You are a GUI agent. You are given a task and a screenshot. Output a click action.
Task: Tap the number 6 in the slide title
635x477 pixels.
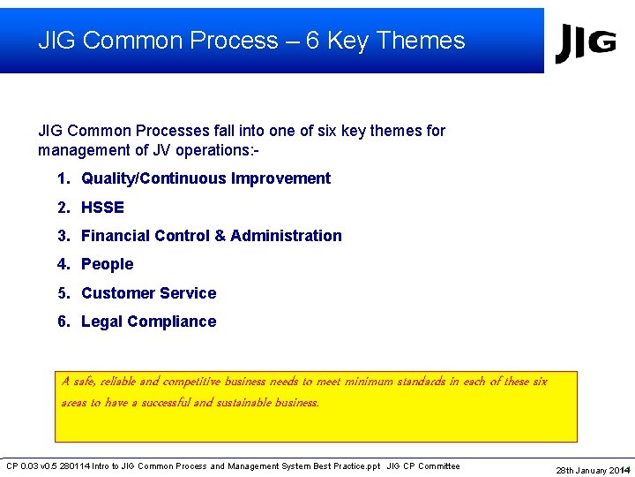click(x=312, y=41)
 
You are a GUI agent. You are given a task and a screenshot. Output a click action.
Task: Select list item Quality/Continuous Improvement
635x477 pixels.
click(x=205, y=178)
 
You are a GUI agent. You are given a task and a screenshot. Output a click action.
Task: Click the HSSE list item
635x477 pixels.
click(x=102, y=208)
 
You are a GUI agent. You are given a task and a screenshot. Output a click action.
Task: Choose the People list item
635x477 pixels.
click(x=107, y=264)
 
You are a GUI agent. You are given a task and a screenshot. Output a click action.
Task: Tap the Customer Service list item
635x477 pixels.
click(x=148, y=293)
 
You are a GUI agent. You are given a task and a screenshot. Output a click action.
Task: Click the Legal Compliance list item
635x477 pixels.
click(x=148, y=322)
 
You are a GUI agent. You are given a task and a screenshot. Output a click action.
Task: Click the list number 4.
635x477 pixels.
click(x=63, y=264)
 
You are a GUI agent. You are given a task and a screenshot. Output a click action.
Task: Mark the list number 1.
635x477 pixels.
click(x=63, y=178)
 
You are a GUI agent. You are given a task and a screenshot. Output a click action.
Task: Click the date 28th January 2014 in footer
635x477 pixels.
click(x=591, y=470)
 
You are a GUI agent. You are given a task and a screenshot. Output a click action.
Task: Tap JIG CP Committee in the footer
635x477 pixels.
click(x=423, y=466)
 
